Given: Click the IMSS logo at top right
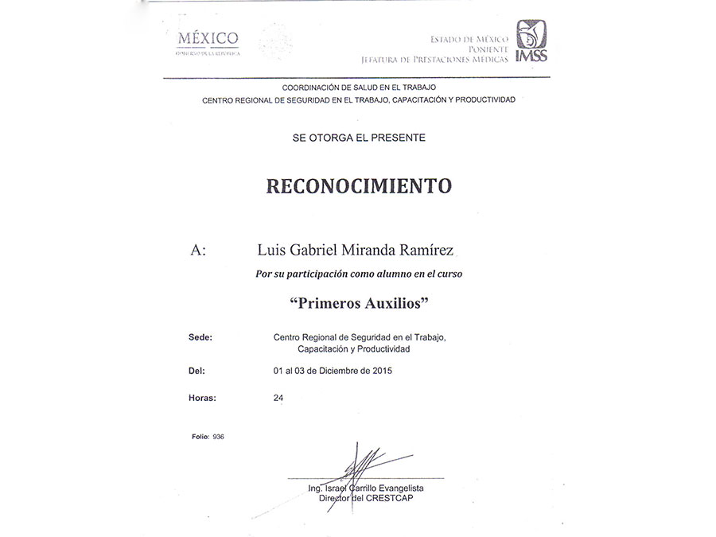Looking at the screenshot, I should tap(531, 41).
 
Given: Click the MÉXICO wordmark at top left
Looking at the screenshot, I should tap(208, 38).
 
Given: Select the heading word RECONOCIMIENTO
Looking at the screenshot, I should tap(358, 186).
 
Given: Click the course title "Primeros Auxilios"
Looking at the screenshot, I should tap(358, 303).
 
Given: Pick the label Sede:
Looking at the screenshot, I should tap(200, 337).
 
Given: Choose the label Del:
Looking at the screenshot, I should tap(197, 371).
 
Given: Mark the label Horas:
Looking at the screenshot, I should tap(202, 397).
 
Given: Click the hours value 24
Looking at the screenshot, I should tap(278, 397).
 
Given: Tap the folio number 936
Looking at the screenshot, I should tap(219, 437).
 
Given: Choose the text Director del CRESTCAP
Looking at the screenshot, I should tap(366, 498).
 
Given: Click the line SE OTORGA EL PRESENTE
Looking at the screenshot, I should tap(358, 138).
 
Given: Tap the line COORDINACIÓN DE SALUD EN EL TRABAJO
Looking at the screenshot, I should tap(358, 87).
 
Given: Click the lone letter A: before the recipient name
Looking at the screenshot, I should tap(198, 251).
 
